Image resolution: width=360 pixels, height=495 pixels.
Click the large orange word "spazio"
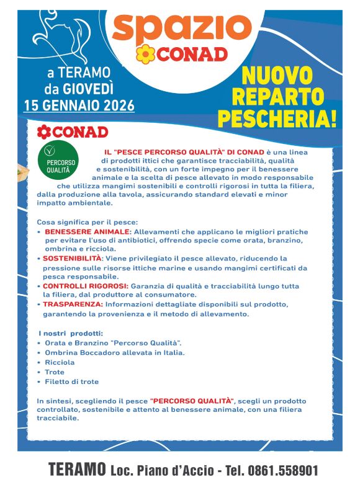tap(181, 27)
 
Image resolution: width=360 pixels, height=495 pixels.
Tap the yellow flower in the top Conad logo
tap(145, 55)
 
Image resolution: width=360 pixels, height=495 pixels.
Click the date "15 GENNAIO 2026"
tap(79, 105)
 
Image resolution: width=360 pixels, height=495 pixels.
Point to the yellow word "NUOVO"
tap(277, 76)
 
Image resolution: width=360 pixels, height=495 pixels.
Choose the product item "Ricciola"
tap(60, 362)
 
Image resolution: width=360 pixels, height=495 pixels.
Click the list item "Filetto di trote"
tap(71, 381)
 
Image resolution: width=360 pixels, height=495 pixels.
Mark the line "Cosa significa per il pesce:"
tap(87, 221)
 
